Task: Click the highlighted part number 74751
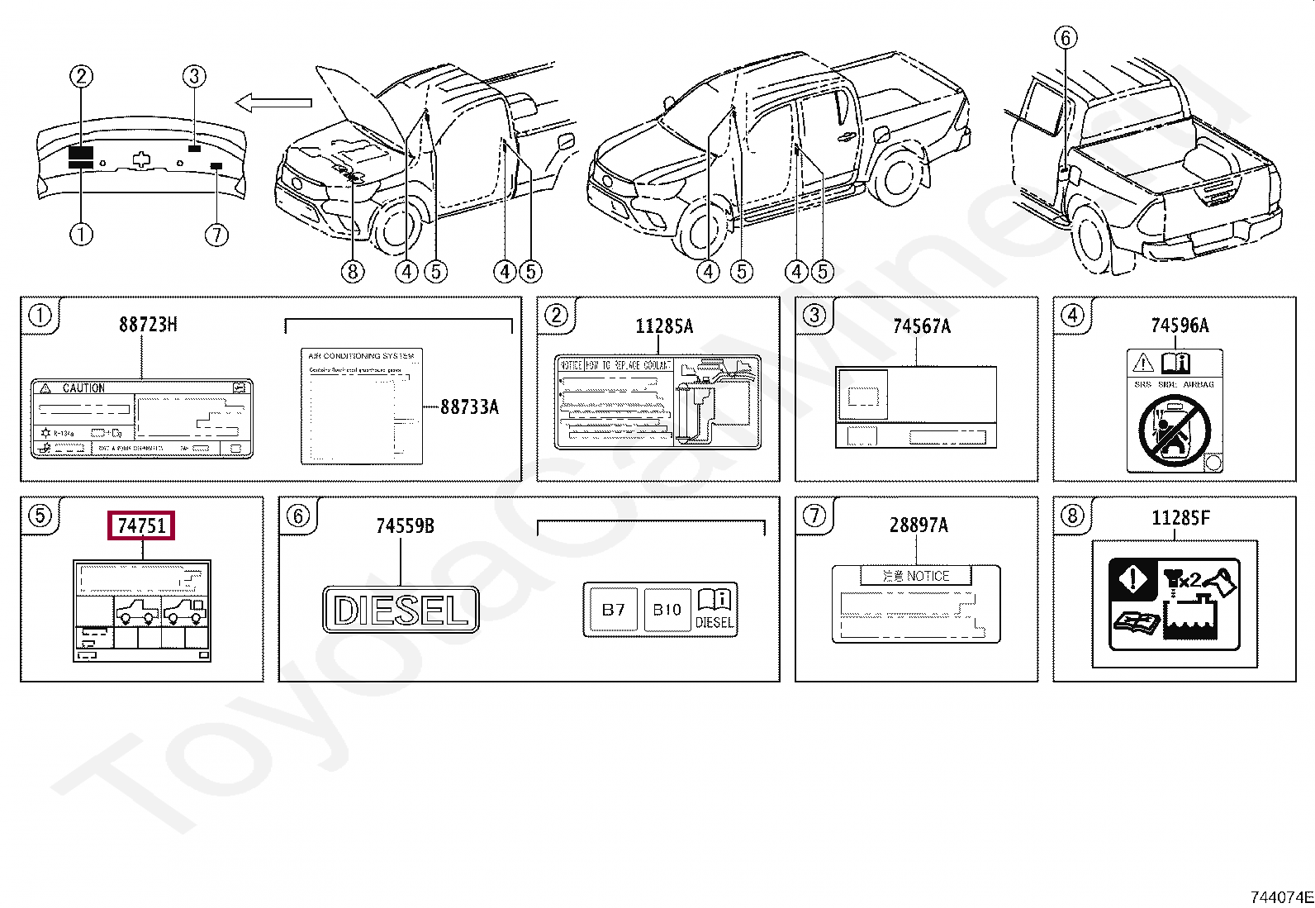tap(141, 525)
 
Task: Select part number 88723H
tap(148, 324)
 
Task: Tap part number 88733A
tap(469, 406)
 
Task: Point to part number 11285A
tap(664, 326)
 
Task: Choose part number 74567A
tap(921, 326)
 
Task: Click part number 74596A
tap(1179, 326)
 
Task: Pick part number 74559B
tap(405, 525)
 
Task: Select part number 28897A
tap(919, 525)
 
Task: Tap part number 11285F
tap(1180, 518)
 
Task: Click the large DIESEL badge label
tap(401, 611)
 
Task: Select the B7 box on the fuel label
tap(613, 611)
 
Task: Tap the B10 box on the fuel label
tap(667, 611)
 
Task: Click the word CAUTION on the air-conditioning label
tap(83, 387)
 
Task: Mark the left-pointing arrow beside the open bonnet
tap(273, 102)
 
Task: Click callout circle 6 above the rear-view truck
tap(1066, 37)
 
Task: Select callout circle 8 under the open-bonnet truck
tap(353, 271)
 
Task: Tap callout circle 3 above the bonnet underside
tap(193, 77)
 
